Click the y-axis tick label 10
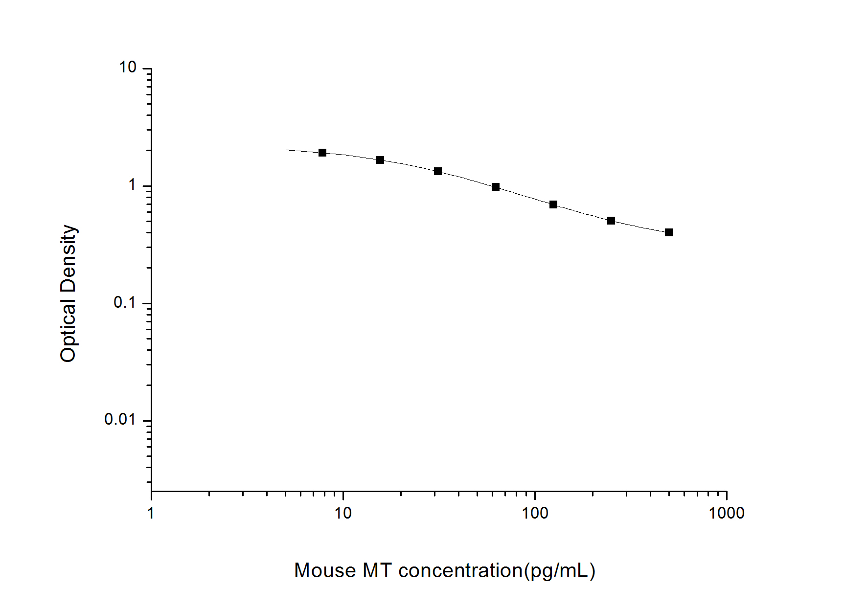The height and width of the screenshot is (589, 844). [127, 68]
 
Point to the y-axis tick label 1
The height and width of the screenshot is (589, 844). [132, 185]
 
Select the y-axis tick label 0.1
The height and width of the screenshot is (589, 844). [124, 302]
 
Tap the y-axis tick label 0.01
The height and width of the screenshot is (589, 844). [119, 419]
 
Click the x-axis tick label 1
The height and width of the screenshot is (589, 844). [151, 513]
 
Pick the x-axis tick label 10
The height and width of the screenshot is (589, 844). [343, 513]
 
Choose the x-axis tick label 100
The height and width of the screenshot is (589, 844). [535, 513]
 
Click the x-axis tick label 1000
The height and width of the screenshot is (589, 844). [727, 513]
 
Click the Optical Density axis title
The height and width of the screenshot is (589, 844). [68, 294]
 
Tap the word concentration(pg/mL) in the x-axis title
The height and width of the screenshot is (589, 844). [497, 571]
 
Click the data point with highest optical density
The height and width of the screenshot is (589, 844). [322, 153]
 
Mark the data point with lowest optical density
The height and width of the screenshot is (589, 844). [669, 232]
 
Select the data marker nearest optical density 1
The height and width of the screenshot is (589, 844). [496, 187]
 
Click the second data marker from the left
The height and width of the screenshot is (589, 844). [380, 160]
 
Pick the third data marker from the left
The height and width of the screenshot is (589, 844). [438, 171]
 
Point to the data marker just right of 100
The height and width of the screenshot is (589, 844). [553, 204]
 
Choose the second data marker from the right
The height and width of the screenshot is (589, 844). [611, 221]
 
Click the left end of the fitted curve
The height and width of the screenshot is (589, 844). [287, 150]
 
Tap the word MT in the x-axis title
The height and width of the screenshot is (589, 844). [377, 571]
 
